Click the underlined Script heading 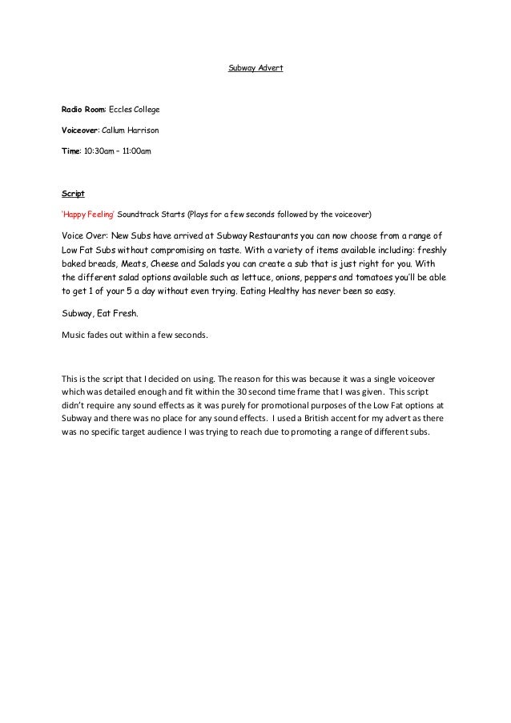[73, 194]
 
